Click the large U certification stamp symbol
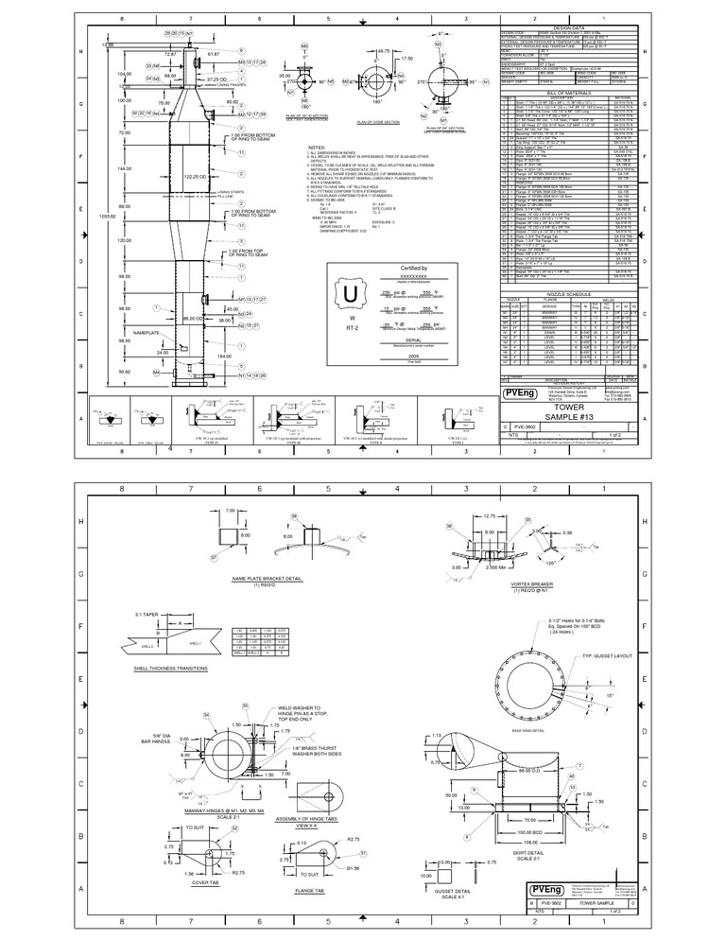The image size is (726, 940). (351, 293)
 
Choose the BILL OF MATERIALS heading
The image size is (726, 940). (567, 92)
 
